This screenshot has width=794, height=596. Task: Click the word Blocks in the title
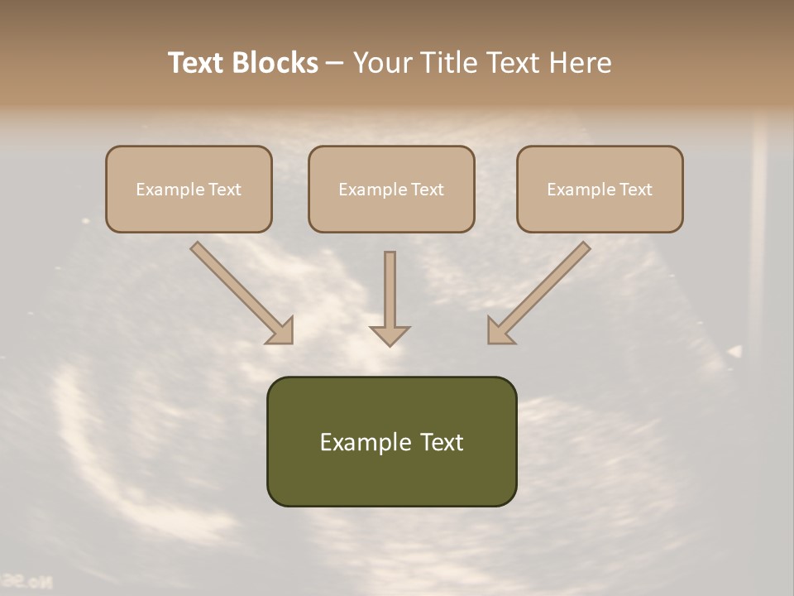pos(275,63)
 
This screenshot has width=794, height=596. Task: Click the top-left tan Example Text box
pos(189,189)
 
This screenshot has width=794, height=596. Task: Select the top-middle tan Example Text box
pos(391,189)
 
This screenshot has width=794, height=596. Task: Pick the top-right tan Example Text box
pos(600,189)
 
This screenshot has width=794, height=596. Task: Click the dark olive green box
pos(391,441)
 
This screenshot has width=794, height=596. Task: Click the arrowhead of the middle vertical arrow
pos(390,335)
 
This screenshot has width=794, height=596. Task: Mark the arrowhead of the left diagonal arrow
pos(280,331)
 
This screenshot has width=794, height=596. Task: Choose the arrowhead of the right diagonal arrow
pos(500,331)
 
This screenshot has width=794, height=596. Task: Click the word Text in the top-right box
pos(636,190)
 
